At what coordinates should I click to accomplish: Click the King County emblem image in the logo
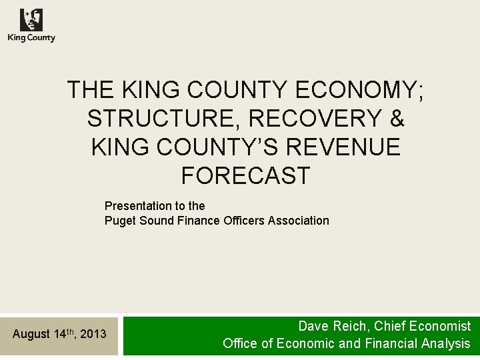(31, 20)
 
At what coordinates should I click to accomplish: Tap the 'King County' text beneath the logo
(31, 38)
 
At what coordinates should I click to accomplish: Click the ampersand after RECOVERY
(397, 118)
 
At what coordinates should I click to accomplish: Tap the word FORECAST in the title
(245, 175)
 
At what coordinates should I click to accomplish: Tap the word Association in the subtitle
(299, 220)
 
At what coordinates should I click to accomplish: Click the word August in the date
(31, 333)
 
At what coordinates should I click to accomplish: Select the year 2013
(93, 333)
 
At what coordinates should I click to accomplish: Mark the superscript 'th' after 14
(69, 330)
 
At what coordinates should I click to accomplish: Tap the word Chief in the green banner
(386, 326)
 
